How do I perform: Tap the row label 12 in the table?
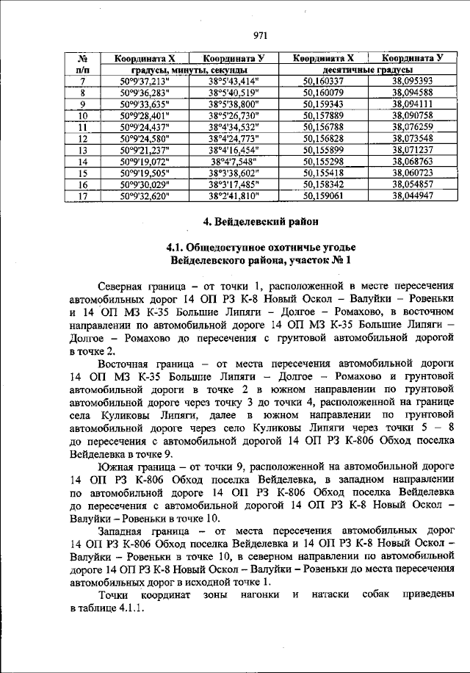click(x=83, y=138)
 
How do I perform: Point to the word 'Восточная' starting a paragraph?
click(x=127, y=364)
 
